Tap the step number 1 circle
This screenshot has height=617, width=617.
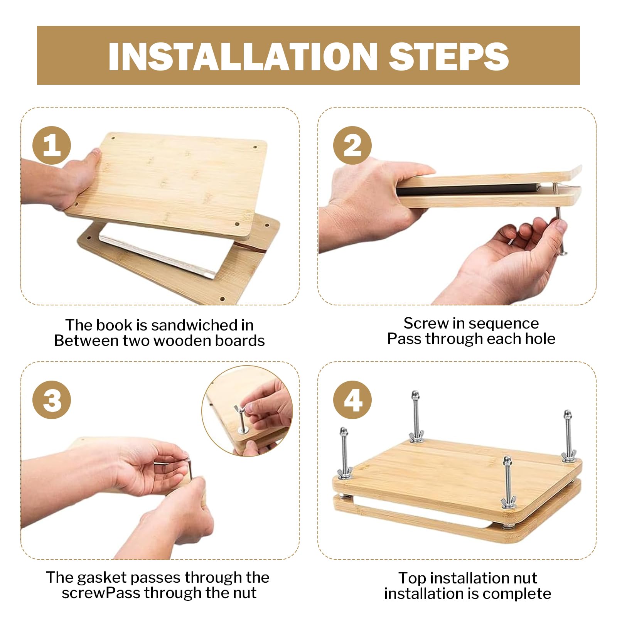pos(52,145)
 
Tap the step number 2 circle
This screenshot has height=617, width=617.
pos(352,145)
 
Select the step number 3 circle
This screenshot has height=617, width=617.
pos(52,400)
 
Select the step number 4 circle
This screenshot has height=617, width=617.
pos(352,400)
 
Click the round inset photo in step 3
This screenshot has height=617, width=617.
pos(247,411)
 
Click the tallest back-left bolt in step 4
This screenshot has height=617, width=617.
pos(416,416)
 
